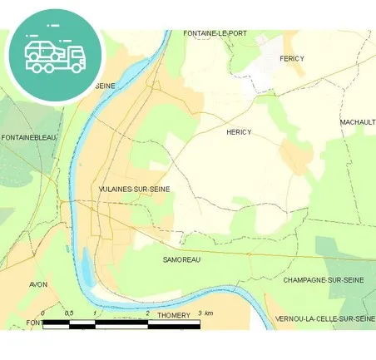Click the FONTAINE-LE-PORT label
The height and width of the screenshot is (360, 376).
click(215, 33)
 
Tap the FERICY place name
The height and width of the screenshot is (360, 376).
click(292, 58)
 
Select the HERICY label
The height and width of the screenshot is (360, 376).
click(239, 132)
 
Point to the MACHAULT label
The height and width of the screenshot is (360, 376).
click(357, 122)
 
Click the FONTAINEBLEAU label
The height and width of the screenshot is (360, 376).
click(29, 137)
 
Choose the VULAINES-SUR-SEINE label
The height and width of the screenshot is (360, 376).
click(134, 190)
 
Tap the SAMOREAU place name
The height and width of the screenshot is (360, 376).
click(182, 259)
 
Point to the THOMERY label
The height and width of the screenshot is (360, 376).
click(173, 315)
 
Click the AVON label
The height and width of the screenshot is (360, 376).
click(37, 284)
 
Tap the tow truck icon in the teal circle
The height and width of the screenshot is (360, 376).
click(56, 57)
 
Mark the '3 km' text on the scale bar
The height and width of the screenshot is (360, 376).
click(205, 313)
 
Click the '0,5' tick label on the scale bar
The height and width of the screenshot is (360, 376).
click(69, 313)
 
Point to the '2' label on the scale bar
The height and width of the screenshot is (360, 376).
click(147, 313)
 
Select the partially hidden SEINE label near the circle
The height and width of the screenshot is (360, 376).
click(105, 86)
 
